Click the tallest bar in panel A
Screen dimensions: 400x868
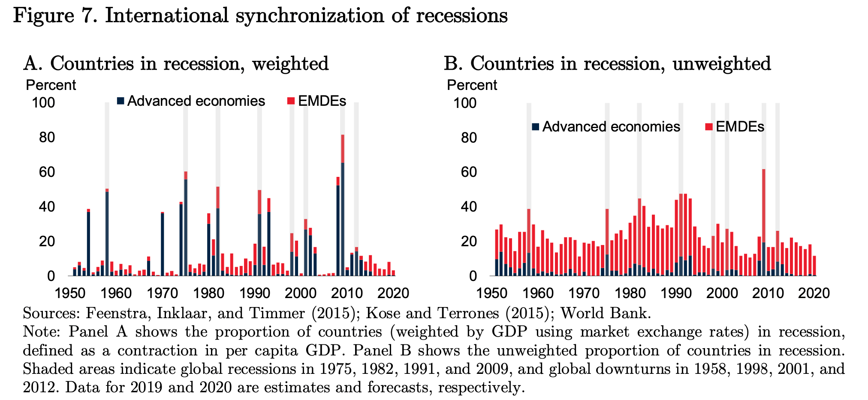pyautogui.click(x=343, y=206)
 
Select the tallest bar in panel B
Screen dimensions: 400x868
pyautogui.click(x=764, y=223)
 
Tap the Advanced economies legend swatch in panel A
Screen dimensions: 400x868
pyautogui.click(x=121, y=101)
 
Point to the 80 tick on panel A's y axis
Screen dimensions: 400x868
pyautogui.click(x=43, y=137)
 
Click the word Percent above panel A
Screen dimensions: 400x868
pyautogui.click(x=51, y=85)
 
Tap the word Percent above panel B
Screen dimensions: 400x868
pyautogui.click(x=472, y=85)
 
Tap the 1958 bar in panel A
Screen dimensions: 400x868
pyautogui.click(x=107, y=233)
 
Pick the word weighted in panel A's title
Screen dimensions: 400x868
pyautogui.click(x=290, y=64)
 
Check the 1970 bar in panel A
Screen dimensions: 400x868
pyautogui.click(x=163, y=244)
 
